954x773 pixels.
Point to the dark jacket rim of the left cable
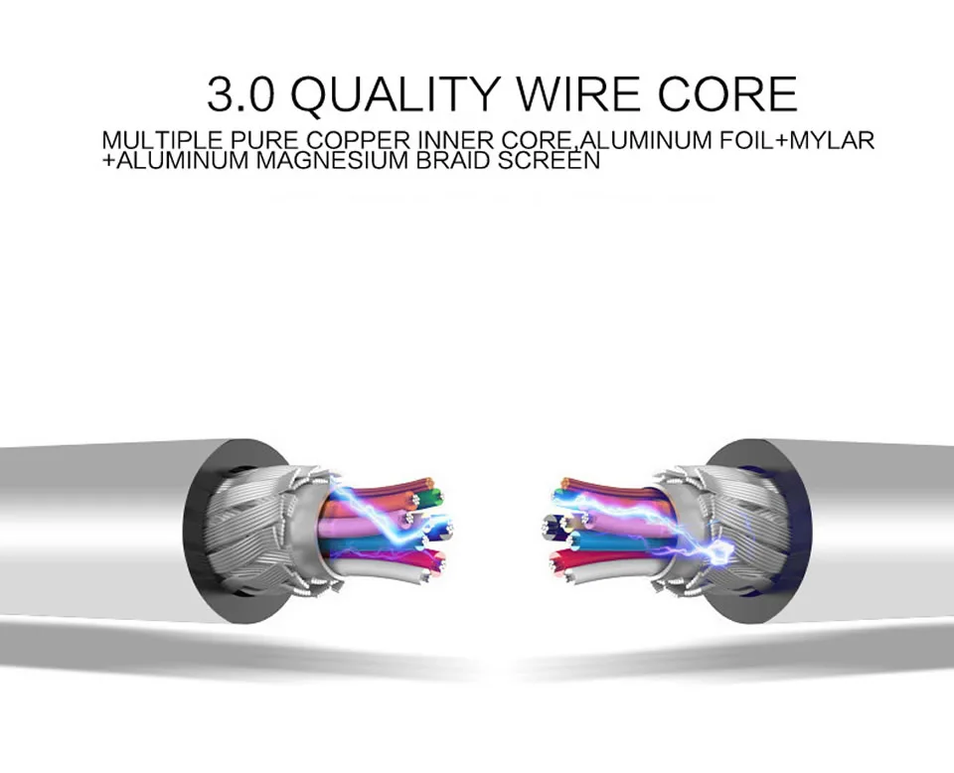coord(199,527)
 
